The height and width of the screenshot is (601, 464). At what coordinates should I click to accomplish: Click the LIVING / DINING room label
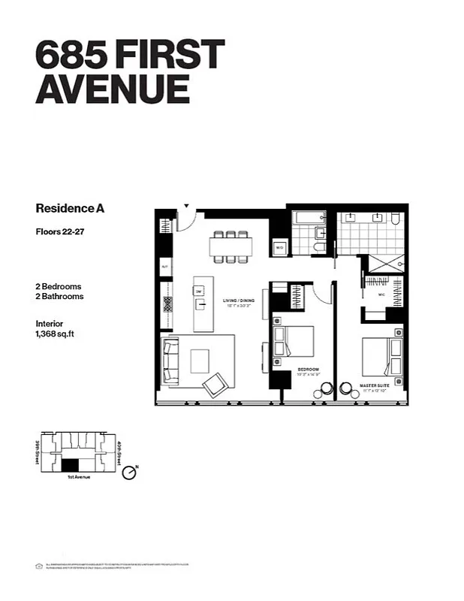pos(239,300)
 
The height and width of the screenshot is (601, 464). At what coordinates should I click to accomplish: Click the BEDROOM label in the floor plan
pos(309,370)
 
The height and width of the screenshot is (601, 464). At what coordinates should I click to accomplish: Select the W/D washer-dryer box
pos(279,246)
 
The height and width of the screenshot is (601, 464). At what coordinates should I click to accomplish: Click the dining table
pos(230,246)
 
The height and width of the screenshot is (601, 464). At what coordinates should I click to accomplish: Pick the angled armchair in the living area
pos(216,385)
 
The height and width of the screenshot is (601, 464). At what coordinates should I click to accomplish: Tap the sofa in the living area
pos(172,361)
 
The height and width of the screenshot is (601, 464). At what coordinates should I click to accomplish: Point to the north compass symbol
pos(130,472)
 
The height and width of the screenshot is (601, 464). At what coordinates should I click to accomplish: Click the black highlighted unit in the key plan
pos(71,465)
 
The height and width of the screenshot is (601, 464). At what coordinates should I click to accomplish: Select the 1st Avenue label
pos(78,477)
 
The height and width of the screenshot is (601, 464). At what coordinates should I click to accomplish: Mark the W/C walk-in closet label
pos(380,294)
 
